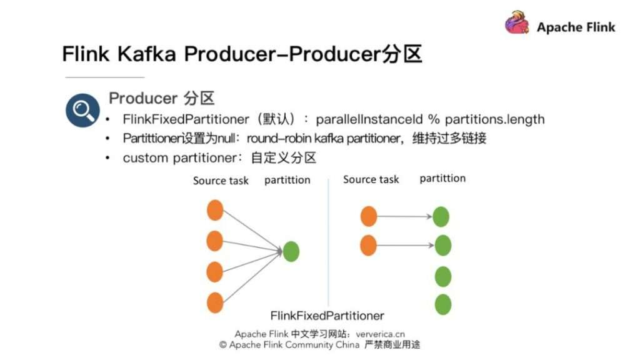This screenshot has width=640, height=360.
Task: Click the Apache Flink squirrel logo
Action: click(x=517, y=23)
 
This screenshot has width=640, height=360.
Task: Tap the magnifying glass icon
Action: click(x=82, y=111)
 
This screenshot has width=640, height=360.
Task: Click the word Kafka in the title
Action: click(x=151, y=54)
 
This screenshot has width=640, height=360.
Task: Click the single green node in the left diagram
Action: click(x=291, y=251)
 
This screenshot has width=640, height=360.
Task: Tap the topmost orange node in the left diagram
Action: click(x=215, y=211)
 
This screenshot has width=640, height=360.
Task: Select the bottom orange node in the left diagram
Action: click(x=215, y=302)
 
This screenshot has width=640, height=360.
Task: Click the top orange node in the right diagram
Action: click(x=369, y=217)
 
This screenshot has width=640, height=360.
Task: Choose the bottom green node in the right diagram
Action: click(x=443, y=304)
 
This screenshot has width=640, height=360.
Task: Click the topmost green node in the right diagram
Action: click(x=441, y=217)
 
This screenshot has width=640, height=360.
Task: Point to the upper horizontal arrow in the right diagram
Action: click(x=405, y=217)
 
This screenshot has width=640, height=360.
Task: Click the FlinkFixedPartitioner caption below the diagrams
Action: click(x=327, y=316)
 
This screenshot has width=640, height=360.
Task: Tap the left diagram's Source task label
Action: click(x=221, y=181)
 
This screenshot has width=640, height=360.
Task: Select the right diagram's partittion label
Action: click(x=442, y=179)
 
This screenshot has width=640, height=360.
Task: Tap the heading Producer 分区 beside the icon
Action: click(x=162, y=98)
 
